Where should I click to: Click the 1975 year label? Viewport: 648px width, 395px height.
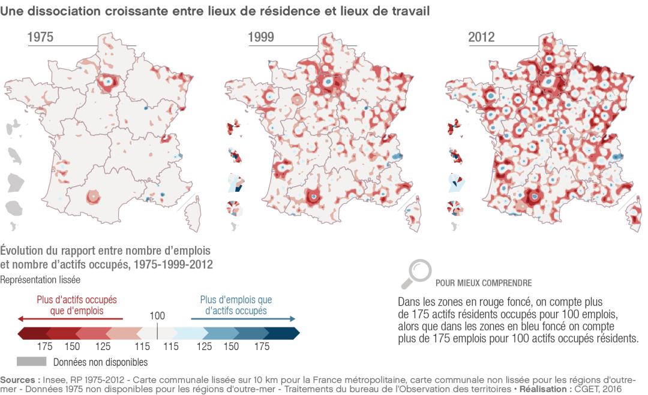pyautogui.click(x=40, y=38)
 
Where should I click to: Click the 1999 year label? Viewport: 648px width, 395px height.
pyautogui.click(x=261, y=38)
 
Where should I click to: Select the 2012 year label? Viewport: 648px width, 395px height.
pyautogui.click(x=481, y=38)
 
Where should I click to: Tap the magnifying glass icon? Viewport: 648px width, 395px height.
pyautogui.click(x=415, y=273)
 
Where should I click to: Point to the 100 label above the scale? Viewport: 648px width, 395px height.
pyautogui.click(x=157, y=315)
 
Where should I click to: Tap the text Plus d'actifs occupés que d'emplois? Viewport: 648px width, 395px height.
pyautogui.click(x=76, y=304)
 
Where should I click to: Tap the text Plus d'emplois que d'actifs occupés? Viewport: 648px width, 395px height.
pyautogui.click(x=236, y=304)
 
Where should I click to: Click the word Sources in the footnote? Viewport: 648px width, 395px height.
pyautogui.click(x=20, y=380)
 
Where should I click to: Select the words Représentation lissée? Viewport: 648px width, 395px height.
pyautogui.click(x=40, y=279)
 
